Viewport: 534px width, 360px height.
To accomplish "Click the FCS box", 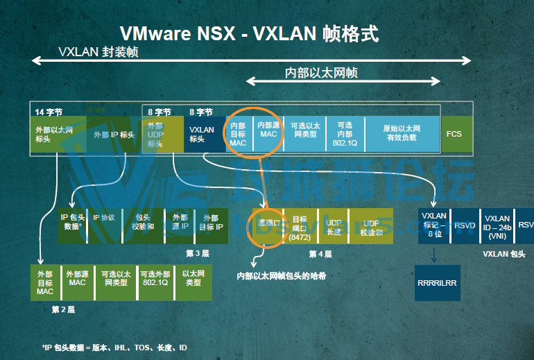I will (x=454, y=134).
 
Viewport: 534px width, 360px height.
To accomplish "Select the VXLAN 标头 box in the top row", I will (x=202, y=134).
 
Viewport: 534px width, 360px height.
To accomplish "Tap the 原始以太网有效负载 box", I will (x=402, y=134).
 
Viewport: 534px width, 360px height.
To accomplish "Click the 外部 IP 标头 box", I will (x=114, y=134).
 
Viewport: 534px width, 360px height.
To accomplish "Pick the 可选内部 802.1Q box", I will (x=345, y=134).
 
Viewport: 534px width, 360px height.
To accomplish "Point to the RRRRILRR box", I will (x=438, y=283).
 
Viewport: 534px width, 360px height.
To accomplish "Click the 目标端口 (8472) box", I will (x=300, y=225).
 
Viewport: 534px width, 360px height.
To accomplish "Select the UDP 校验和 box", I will (x=370, y=225).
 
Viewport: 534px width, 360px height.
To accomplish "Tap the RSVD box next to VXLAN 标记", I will (x=464, y=225).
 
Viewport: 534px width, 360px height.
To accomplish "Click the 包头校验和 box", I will (x=143, y=225).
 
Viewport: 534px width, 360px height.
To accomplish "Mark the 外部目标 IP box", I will (x=212, y=225).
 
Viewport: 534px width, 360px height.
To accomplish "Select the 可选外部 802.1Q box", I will (x=154, y=282).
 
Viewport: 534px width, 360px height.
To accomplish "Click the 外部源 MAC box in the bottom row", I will (x=77, y=282).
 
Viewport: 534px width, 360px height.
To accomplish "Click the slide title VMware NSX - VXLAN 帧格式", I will (x=250, y=33).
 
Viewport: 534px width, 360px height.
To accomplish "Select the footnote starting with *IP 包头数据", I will (x=114, y=347).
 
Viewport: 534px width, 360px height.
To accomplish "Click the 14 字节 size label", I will (x=49, y=111).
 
